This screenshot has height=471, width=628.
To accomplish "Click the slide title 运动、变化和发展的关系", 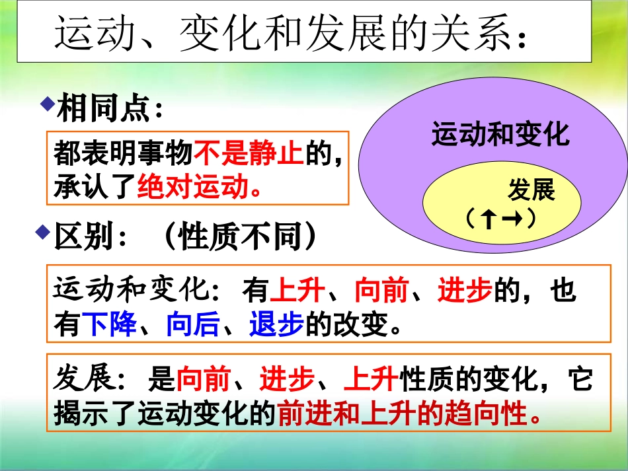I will tap(291, 32).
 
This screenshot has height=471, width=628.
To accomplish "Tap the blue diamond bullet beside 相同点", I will tap(47, 103).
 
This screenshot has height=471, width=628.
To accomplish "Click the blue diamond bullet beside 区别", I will tap(43, 231).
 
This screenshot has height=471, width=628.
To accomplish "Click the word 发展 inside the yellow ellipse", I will tap(530, 191).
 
